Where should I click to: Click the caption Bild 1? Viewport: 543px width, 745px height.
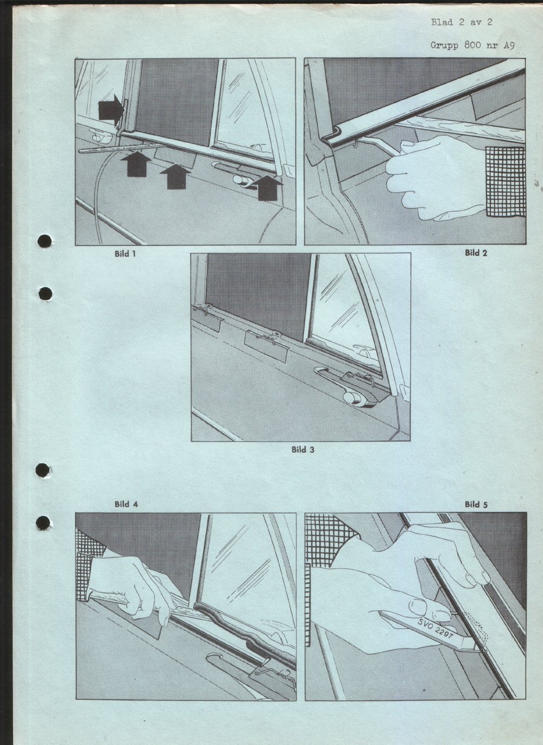(125, 254)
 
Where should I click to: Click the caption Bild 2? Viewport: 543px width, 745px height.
(476, 253)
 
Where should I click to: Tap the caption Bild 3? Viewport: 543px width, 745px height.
(302, 450)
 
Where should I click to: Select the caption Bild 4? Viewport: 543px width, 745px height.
(126, 504)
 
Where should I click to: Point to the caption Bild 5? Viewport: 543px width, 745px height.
(476, 504)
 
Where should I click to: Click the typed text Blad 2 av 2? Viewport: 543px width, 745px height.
(462, 22)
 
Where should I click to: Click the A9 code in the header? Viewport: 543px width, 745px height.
(509, 46)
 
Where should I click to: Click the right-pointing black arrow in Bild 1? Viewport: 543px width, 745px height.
(111, 110)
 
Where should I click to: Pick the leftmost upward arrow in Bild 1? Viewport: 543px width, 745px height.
(136, 163)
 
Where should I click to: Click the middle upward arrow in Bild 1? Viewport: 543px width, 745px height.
(175, 177)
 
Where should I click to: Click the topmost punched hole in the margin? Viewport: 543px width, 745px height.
(45, 241)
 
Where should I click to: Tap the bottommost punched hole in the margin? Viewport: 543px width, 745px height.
(43, 523)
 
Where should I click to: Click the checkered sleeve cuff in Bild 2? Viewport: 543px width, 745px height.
(505, 181)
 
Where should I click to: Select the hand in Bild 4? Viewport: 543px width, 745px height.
(133, 589)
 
